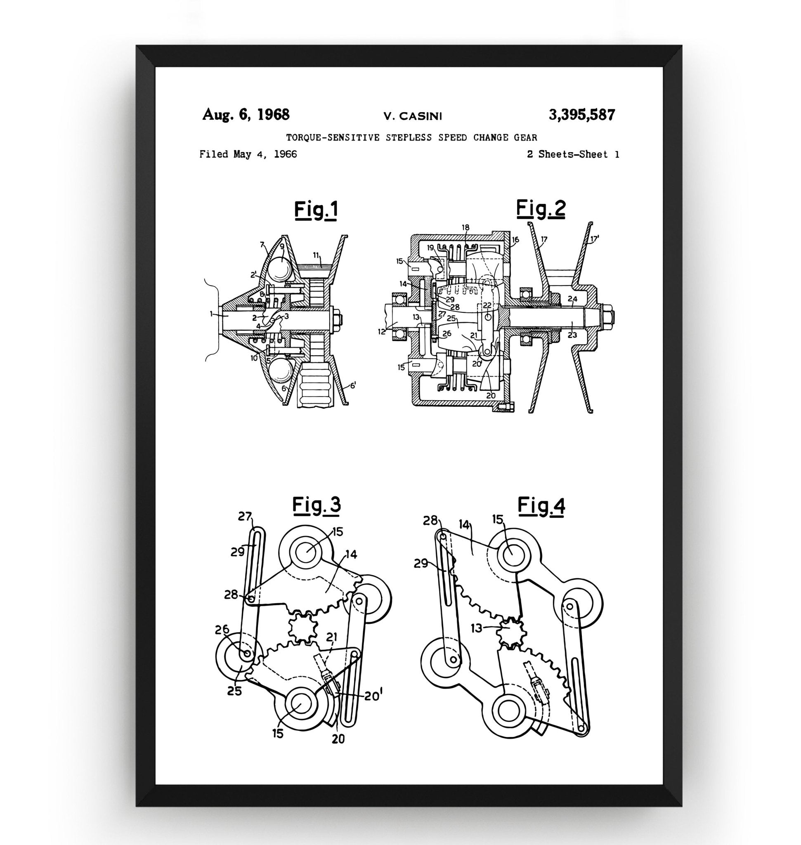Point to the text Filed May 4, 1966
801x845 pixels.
pos(248,154)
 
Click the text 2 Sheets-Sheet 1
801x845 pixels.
pos(573,154)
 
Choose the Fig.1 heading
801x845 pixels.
pos(316,210)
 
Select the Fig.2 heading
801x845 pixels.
pos(541,208)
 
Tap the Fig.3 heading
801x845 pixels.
pos(317,505)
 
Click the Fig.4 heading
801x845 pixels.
pos(541,506)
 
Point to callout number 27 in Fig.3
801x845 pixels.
pos(245,517)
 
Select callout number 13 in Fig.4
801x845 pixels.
pos(476,628)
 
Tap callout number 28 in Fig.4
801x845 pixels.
pos(430,521)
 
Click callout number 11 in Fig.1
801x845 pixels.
pos(316,255)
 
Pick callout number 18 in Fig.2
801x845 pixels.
pos(465,228)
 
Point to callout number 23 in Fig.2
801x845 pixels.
pos(572,335)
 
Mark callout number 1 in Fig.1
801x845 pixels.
pos(211,314)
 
